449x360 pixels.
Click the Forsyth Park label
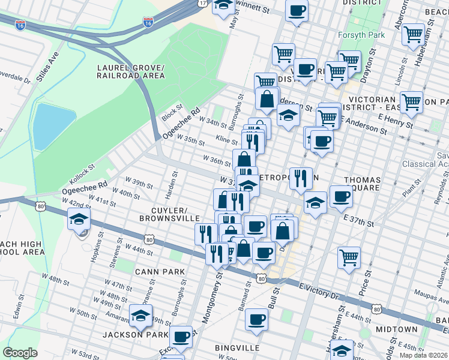361,35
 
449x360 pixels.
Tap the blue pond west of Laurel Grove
53,125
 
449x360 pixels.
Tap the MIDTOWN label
396,329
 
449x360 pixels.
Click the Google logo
20,352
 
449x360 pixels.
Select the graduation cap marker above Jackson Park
140,316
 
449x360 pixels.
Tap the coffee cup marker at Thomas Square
341,197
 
